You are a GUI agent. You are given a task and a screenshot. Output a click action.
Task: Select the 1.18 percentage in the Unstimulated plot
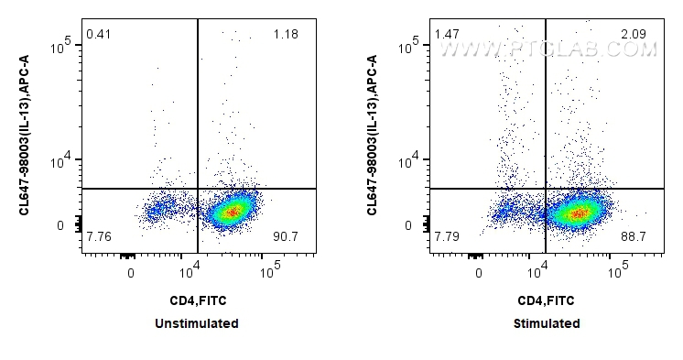(x=286, y=36)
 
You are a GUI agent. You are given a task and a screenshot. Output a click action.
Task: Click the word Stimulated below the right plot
(x=547, y=323)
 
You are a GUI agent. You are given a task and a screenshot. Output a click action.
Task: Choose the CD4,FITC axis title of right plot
(x=547, y=300)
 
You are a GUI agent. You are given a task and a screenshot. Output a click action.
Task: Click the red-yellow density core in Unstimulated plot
(x=232, y=213)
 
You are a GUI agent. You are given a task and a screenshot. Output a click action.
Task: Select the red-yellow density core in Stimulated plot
(x=579, y=213)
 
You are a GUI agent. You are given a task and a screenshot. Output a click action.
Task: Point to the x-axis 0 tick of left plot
(x=131, y=272)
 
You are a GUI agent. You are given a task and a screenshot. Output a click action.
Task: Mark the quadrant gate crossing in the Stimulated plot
(x=546, y=189)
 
